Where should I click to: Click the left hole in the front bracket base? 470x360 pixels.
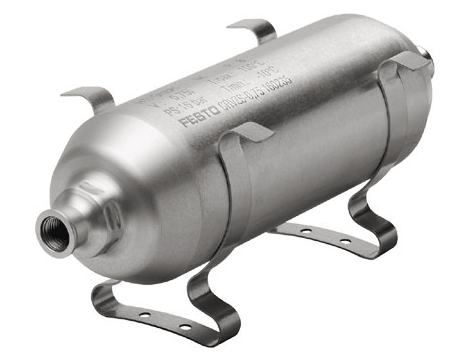[x=142, y=312]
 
